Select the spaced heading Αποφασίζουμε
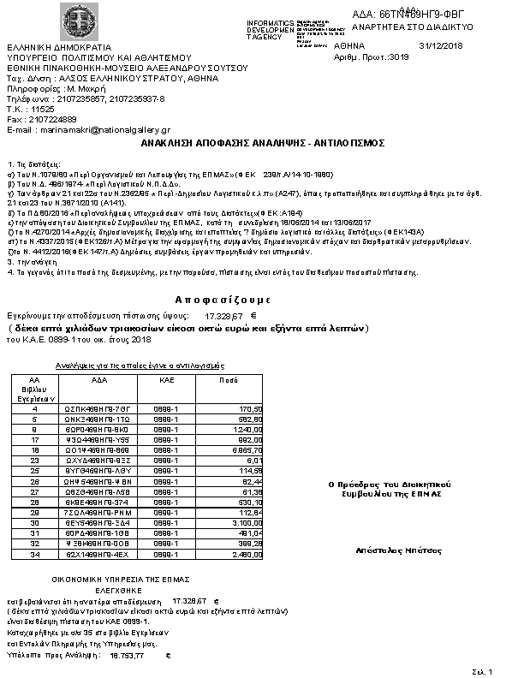pos(223,300)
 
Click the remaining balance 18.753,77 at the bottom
pos(127,655)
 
